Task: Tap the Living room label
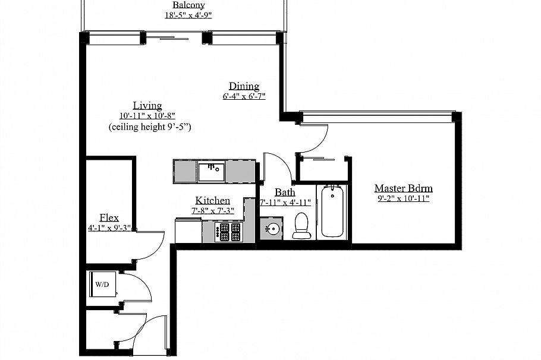(x=147, y=106)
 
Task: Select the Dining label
(x=244, y=86)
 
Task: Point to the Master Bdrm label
(x=403, y=188)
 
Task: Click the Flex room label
(x=109, y=217)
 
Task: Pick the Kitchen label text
(x=212, y=201)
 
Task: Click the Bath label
(x=284, y=192)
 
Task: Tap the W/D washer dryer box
(x=102, y=285)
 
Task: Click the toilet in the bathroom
(x=302, y=226)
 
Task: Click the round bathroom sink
(x=272, y=229)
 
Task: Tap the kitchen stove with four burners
(x=230, y=232)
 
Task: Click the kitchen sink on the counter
(x=210, y=172)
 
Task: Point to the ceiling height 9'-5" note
(x=149, y=127)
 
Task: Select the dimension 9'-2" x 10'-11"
(x=403, y=199)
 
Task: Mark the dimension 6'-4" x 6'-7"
(x=244, y=96)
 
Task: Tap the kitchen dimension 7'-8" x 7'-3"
(x=212, y=211)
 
